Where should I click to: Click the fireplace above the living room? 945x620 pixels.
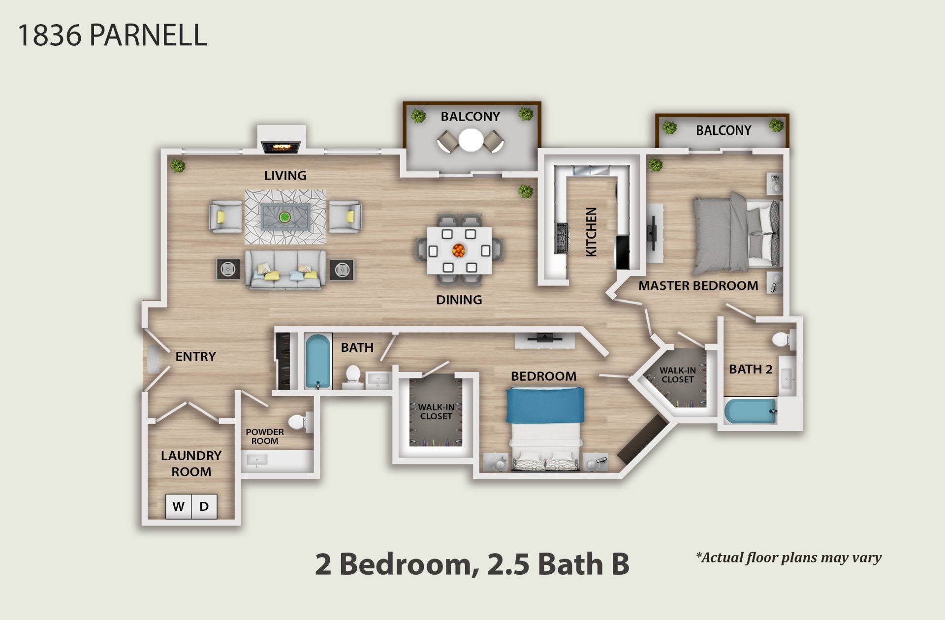pos(281,147)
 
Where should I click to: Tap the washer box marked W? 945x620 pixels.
pos(179,506)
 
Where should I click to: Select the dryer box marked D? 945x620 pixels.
pos(204,506)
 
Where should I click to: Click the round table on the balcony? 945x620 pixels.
pos(471,140)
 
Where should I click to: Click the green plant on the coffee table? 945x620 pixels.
pos(284,217)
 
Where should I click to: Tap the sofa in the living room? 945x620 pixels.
pos(285,270)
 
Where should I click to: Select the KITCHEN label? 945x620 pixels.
pos(591,231)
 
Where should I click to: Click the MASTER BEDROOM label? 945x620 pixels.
pos(698,286)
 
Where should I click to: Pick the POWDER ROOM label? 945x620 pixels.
pos(265,436)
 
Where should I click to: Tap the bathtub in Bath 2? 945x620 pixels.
pos(750,411)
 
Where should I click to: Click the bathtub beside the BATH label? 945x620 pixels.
pos(317,361)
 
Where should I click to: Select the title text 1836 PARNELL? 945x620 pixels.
pos(112,35)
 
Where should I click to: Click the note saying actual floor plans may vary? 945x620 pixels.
pos(788,558)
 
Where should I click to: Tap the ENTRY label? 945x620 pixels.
pos(195,356)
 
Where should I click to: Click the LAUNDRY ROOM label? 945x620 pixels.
pos(191,464)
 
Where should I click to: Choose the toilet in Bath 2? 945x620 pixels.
pos(781,339)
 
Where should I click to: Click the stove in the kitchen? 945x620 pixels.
pos(562,238)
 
